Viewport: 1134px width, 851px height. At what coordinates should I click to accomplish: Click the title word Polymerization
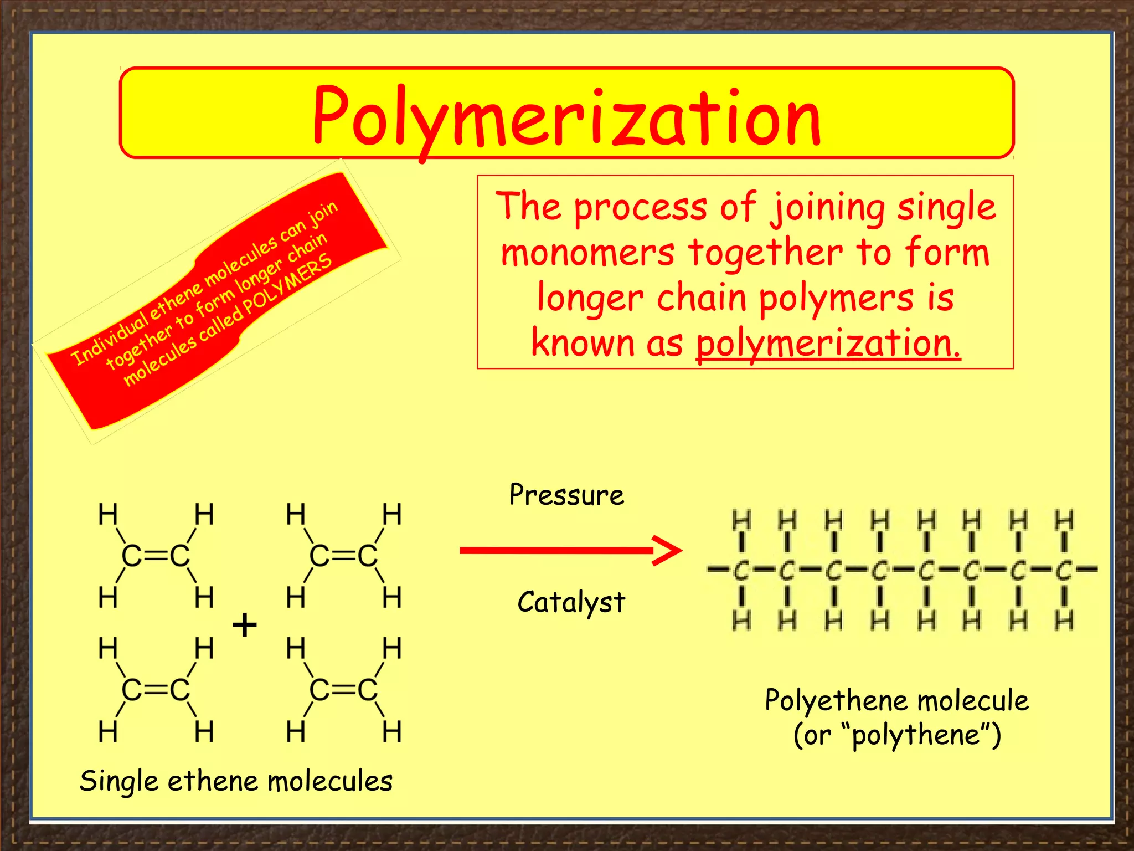[566, 117]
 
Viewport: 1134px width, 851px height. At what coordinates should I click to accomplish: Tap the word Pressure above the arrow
[566, 495]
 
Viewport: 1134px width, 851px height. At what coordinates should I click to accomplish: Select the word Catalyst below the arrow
[571, 602]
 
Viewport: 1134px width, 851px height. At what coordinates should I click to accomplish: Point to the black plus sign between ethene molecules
[244, 626]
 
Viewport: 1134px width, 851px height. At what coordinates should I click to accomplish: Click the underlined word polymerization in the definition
[827, 343]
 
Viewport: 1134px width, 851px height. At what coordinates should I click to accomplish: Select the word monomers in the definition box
[587, 253]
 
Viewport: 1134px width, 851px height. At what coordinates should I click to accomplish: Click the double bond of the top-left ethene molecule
[156, 556]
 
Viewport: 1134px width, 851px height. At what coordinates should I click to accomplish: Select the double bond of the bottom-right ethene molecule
[343, 690]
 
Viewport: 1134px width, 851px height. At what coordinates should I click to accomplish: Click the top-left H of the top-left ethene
[108, 514]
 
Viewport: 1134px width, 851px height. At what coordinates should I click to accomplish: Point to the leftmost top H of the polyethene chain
[741, 521]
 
